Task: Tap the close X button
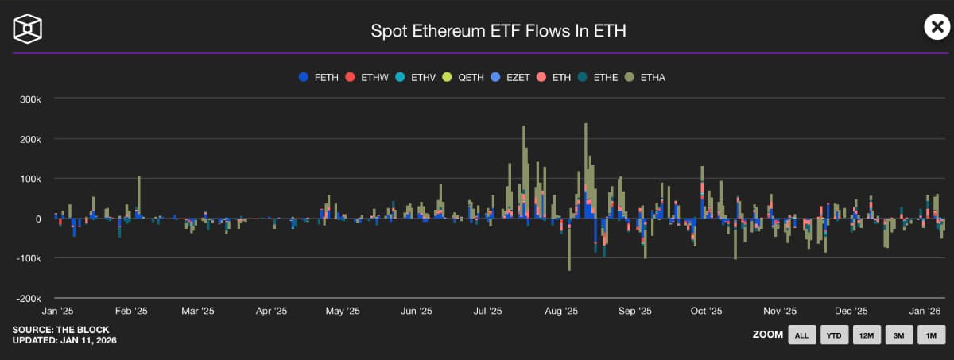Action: point(937,27)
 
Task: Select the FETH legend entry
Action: point(319,77)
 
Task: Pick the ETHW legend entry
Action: point(366,77)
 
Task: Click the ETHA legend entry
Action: point(645,77)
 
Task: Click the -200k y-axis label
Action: point(38,298)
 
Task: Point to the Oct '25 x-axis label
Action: point(706,312)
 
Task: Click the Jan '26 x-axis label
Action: point(925,312)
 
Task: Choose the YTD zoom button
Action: point(834,335)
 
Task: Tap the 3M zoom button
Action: point(898,335)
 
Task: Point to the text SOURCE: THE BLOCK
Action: point(60,329)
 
